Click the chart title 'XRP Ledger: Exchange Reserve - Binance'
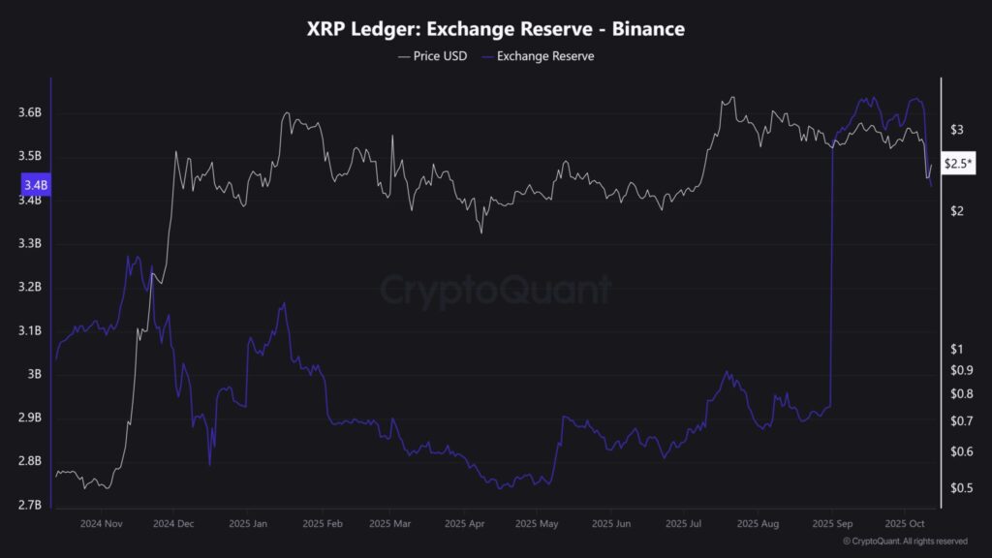point(495,29)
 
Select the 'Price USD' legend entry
point(432,56)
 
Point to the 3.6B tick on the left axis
point(29,113)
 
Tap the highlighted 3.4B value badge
point(32,184)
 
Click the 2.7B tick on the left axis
point(29,505)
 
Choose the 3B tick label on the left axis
point(35,374)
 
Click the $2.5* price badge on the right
point(959,165)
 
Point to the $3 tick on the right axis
point(957,129)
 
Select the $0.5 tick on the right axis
point(963,487)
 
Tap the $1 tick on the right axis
point(957,349)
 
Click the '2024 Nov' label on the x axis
point(103,523)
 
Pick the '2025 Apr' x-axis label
point(465,523)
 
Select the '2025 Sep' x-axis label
point(831,523)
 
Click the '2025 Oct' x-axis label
point(902,523)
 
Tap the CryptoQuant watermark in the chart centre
point(495,290)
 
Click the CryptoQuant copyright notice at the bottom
point(905,542)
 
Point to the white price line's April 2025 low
point(480,231)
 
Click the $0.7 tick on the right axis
point(963,420)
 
